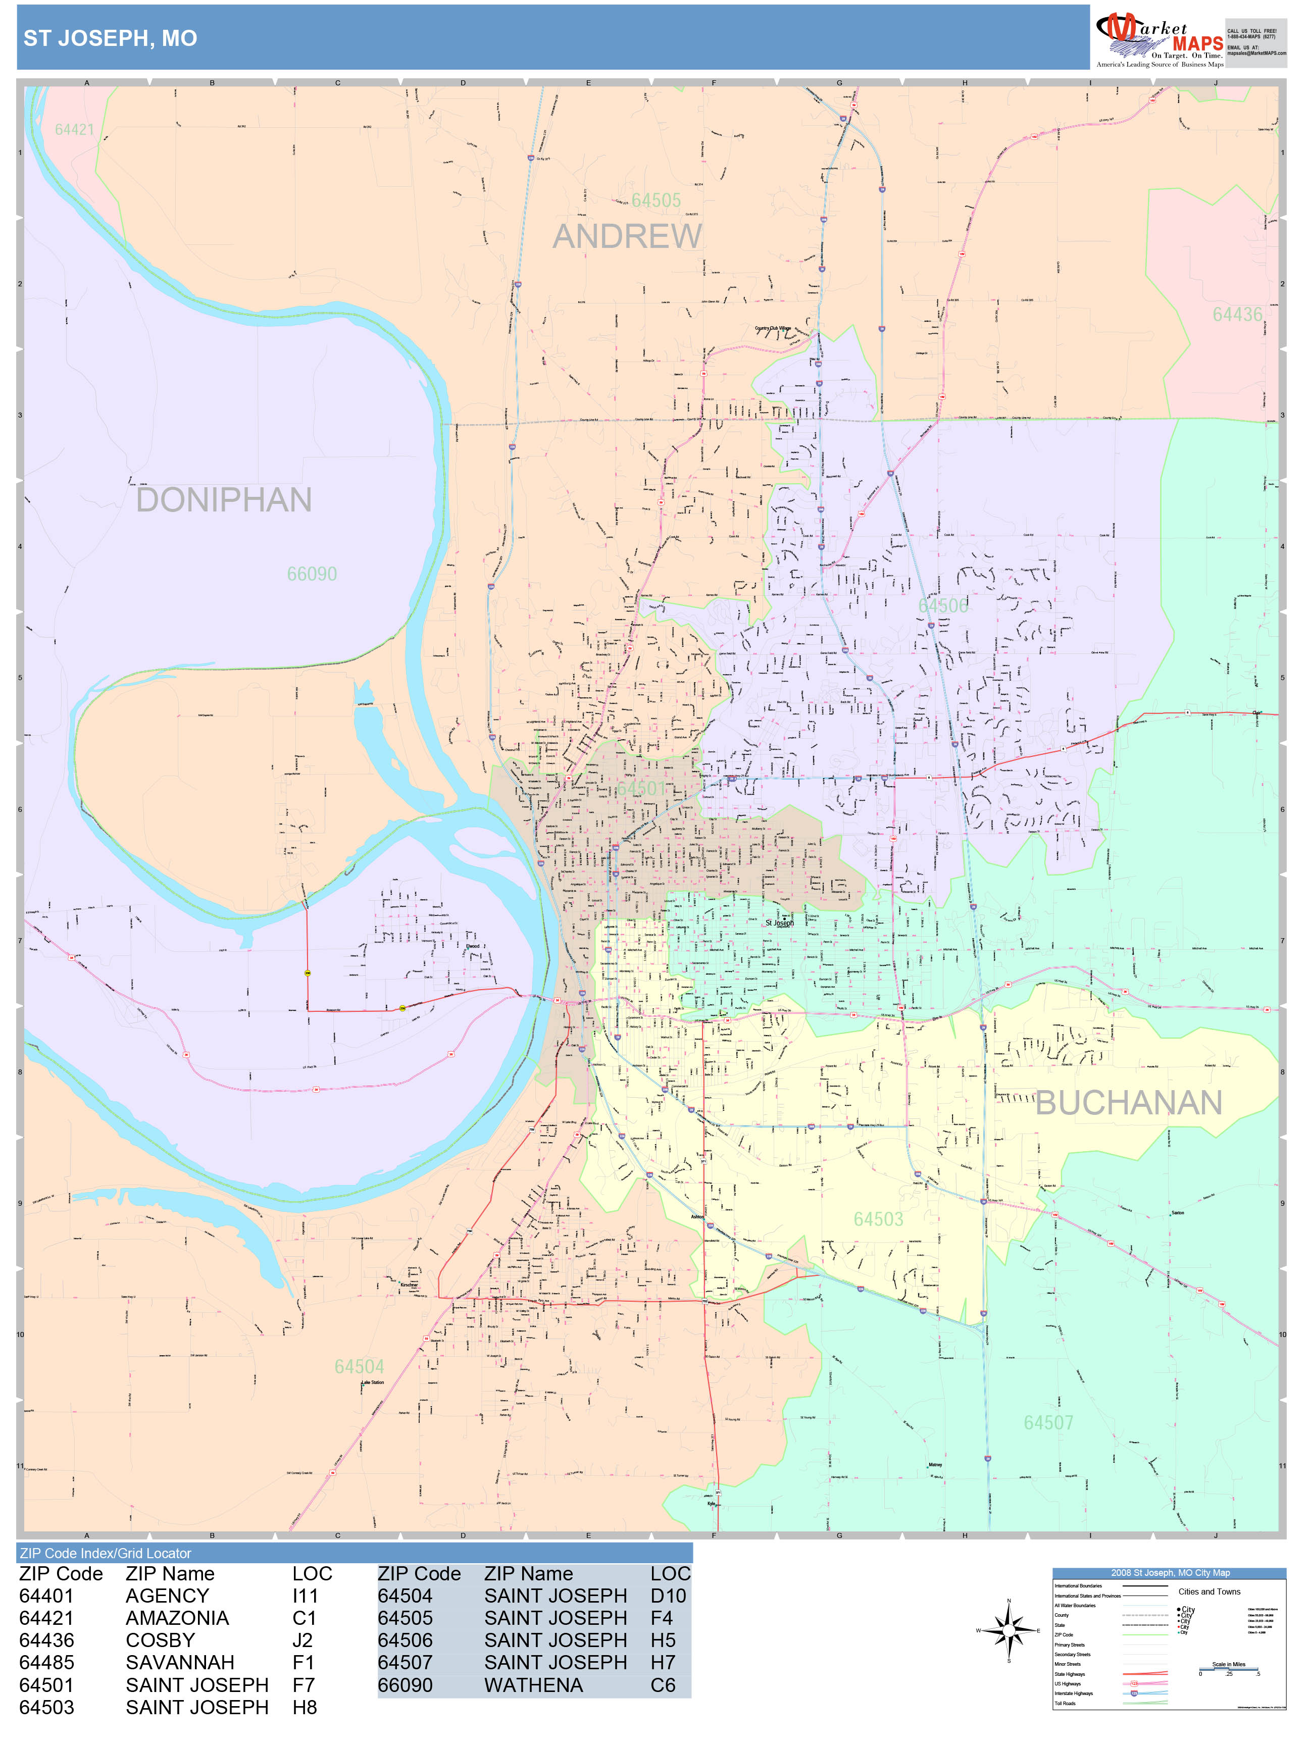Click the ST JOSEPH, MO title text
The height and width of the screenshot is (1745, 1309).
click(111, 38)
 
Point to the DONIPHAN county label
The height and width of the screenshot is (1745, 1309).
click(224, 500)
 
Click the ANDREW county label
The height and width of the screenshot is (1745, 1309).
click(627, 237)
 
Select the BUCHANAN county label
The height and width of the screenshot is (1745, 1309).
click(1128, 1103)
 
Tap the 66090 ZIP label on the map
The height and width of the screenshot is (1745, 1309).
click(312, 574)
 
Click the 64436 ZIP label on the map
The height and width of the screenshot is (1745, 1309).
click(1236, 315)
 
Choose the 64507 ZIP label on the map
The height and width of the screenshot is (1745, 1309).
click(1048, 1422)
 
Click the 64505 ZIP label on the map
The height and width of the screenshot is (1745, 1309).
click(656, 200)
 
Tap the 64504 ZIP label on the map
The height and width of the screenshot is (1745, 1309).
click(359, 1366)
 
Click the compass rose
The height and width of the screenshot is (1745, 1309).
click(1009, 1630)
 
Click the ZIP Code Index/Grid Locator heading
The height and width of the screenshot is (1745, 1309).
click(106, 1553)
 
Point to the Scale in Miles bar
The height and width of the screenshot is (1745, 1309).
click(1229, 1668)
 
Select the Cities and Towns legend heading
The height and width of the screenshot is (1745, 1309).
click(1209, 1591)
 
